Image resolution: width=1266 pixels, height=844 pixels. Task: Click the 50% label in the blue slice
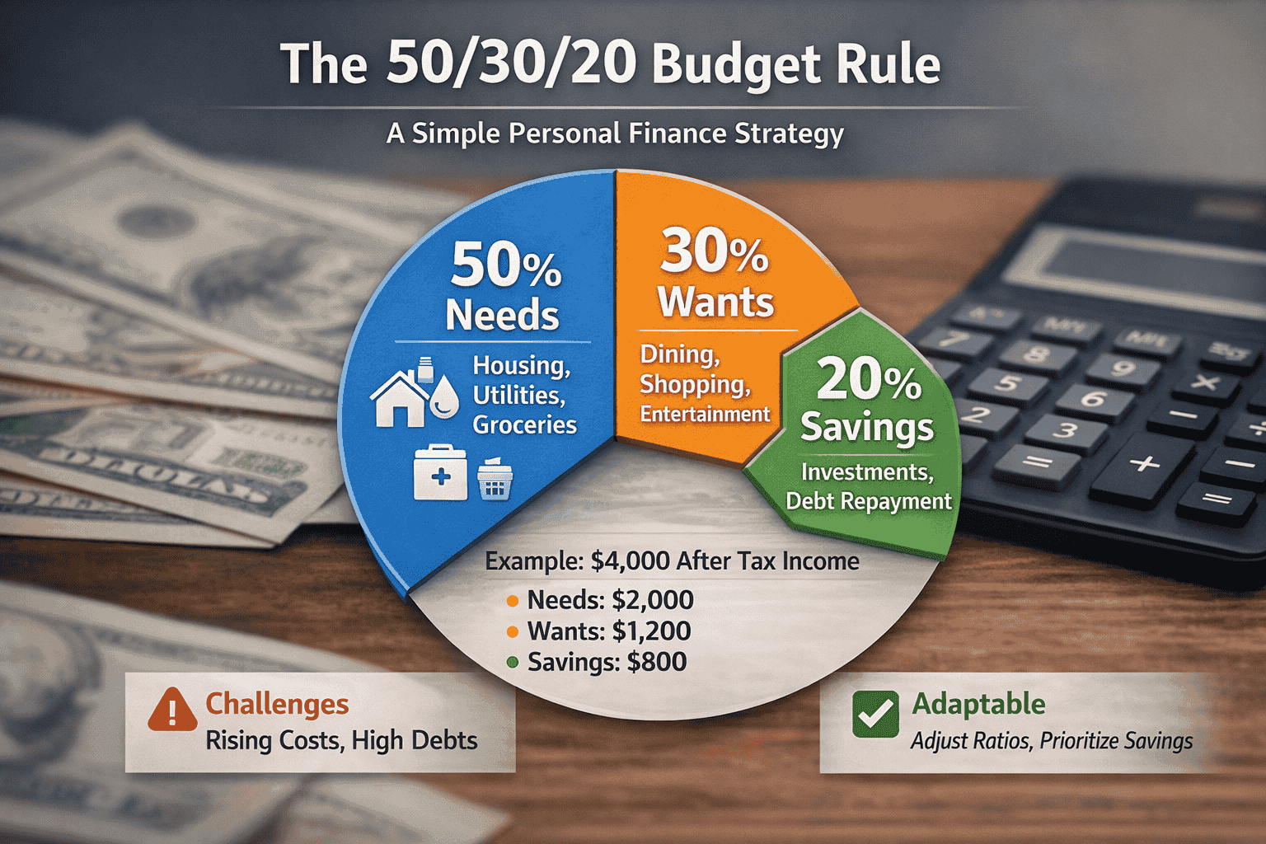(x=505, y=265)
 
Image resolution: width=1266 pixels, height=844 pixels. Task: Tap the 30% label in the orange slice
(x=714, y=251)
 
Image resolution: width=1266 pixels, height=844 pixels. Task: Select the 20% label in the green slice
(x=869, y=380)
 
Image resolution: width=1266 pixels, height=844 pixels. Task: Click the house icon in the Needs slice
(x=400, y=398)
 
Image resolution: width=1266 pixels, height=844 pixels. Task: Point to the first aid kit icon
(x=440, y=474)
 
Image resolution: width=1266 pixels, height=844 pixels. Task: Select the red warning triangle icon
(x=172, y=709)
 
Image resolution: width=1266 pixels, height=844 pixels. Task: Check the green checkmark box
(x=875, y=714)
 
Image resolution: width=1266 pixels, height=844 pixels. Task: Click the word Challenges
(x=277, y=704)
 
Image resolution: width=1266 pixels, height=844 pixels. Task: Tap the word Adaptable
(x=978, y=704)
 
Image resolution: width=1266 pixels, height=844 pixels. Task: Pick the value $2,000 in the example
(x=652, y=600)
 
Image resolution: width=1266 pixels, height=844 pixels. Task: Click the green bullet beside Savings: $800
(x=513, y=663)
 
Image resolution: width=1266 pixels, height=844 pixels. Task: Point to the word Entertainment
(x=705, y=414)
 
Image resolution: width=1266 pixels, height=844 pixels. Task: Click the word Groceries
(x=524, y=424)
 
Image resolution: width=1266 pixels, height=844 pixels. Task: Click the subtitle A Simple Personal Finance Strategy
(x=615, y=134)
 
